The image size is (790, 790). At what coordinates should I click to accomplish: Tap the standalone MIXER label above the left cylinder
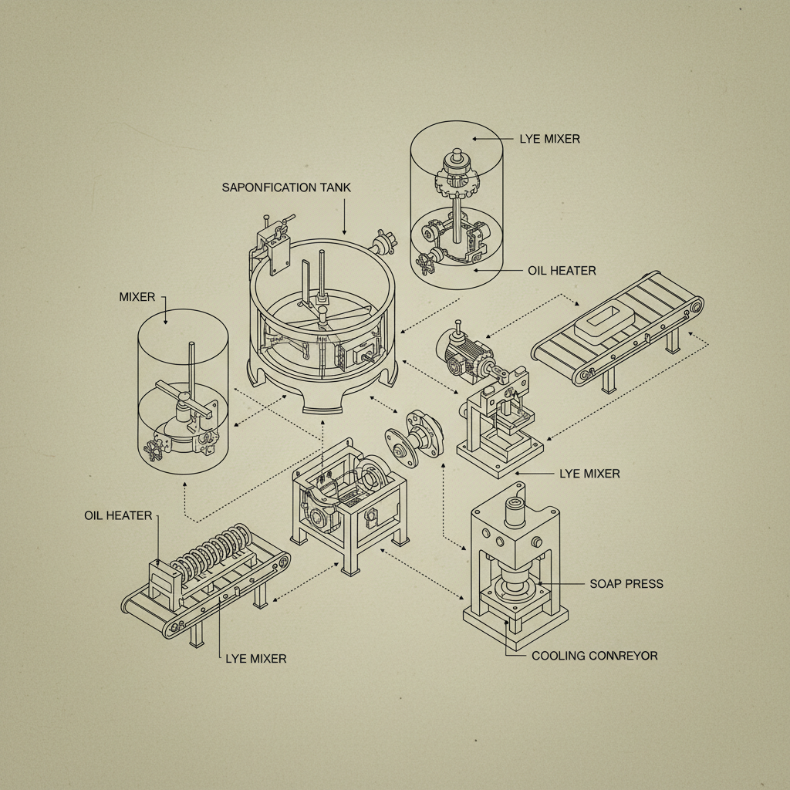[137, 296]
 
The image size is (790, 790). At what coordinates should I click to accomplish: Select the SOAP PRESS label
[626, 583]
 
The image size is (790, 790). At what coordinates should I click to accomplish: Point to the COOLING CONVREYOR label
[594, 656]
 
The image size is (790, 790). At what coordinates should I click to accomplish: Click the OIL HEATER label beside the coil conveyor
[118, 515]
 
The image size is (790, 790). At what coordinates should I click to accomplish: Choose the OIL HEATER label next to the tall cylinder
[562, 271]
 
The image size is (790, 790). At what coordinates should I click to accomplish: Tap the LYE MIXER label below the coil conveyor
[255, 659]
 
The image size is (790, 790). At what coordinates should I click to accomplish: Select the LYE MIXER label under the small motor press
[589, 473]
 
